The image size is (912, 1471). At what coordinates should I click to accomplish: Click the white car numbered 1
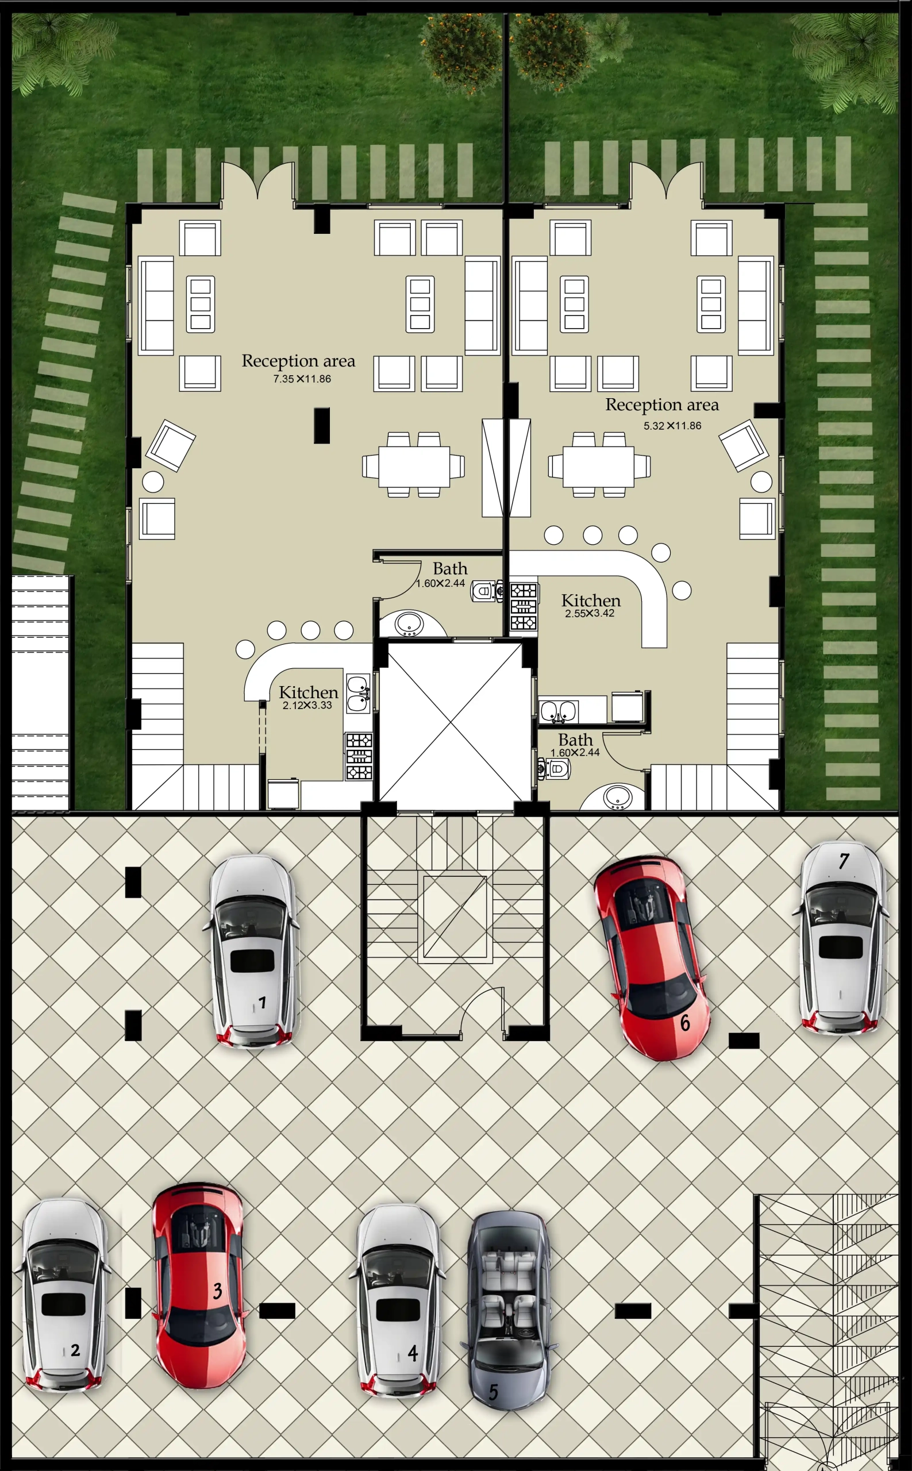pos(254,951)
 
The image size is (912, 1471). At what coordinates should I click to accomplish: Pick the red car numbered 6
pos(652,958)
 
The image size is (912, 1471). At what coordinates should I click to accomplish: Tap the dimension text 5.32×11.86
pos(672,426)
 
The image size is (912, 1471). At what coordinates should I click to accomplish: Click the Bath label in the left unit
pos(450,569)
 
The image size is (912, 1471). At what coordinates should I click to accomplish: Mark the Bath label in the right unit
pos(575,740)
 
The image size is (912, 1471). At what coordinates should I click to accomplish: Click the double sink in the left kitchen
pos(357,693)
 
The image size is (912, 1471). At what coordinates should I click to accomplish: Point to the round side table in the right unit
pos(761,482)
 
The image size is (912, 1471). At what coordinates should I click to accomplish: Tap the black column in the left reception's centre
pos(321,426)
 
